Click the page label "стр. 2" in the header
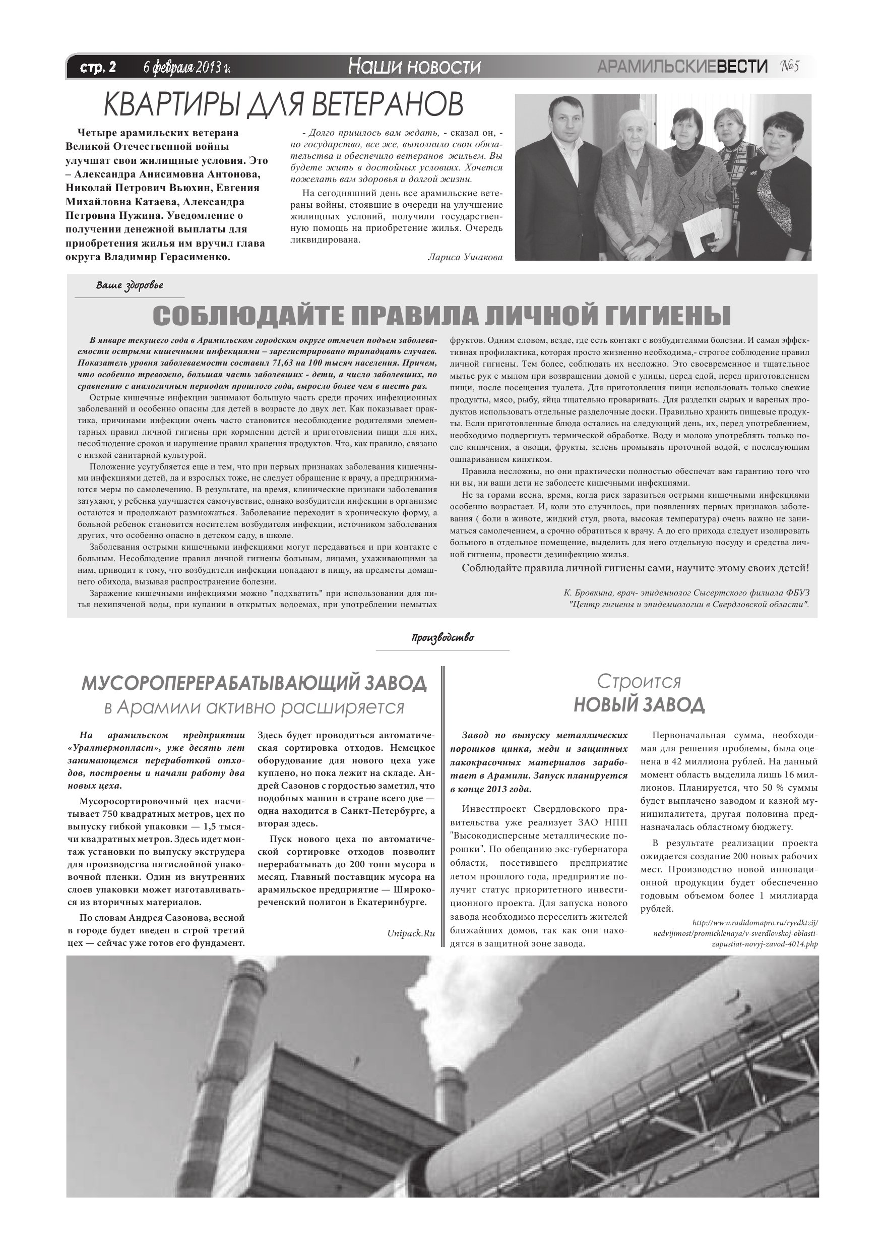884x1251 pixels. pyautogui.click(x=98, y=67)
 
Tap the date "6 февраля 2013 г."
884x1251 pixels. pyautogui.click(x=187, y=67)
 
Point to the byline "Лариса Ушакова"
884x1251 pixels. pyautogui.click(x=465, y=257)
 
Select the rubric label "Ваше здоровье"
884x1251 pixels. pyautogui.click(x=130, y=285)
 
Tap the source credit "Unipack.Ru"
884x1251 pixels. pyautogui.click(x=411, y=933)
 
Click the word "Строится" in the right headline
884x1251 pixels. pyautogui.click(x=639, y=682)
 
